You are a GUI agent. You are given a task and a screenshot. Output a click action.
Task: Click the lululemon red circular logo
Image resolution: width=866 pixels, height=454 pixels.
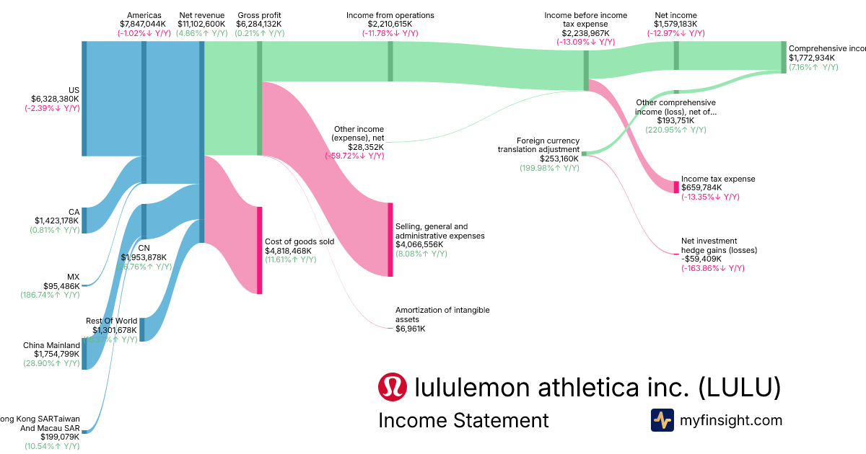pyautogui.click(x=393, y=388)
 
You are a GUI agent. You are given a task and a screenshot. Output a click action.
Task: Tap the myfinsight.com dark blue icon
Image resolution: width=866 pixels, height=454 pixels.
pyautogui.click(x=662, y=419)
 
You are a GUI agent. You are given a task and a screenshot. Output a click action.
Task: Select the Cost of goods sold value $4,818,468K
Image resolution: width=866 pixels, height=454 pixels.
pyautogui.click(x=289, y=251)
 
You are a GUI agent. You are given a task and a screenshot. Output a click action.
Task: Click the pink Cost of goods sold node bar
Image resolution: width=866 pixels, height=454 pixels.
pyautogui.click(x=259, y=250)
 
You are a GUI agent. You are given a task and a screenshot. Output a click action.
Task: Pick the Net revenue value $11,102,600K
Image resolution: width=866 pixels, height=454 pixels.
pyautogui.click(x=201, y=24)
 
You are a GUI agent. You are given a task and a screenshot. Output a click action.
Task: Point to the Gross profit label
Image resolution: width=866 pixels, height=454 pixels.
pyautogui.click(x=259, y=15)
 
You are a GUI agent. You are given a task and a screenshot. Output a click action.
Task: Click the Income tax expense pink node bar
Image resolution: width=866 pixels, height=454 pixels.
pyautogui.click(x=676, y=187)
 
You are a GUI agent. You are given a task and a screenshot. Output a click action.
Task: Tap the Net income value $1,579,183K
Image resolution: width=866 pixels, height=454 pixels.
pyautogui.click(x=675, y=24)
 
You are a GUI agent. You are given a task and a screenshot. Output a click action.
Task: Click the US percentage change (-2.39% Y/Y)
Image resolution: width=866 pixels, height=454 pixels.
pyautogui.click(x=52, y=108)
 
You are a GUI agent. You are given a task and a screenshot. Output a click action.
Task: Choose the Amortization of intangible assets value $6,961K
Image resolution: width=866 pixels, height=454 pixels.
pyautogui.click(x=410, y=329)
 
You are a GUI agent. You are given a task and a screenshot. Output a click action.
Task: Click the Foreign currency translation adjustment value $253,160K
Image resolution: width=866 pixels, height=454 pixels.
pyautogui.click(x=559, y=159)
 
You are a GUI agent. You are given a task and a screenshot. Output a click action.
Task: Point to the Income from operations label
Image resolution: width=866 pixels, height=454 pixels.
pyautogui.click(x=390, y=15)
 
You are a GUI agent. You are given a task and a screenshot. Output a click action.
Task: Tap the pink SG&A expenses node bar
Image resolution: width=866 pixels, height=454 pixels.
pyautogui.click(x=390, y=239)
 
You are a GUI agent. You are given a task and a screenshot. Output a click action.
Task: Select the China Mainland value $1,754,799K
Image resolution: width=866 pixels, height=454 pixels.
pyautogui.click(x=51, y=354)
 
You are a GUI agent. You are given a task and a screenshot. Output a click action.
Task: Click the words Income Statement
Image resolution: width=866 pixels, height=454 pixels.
pyautogui.click(x=463, y=420)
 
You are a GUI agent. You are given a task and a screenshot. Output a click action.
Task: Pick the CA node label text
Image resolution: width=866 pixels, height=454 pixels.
pyautogui.click(x=74, y=212)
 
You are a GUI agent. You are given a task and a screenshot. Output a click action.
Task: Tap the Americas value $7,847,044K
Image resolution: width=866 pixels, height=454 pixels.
pyautogui.click(x=143, y=24)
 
